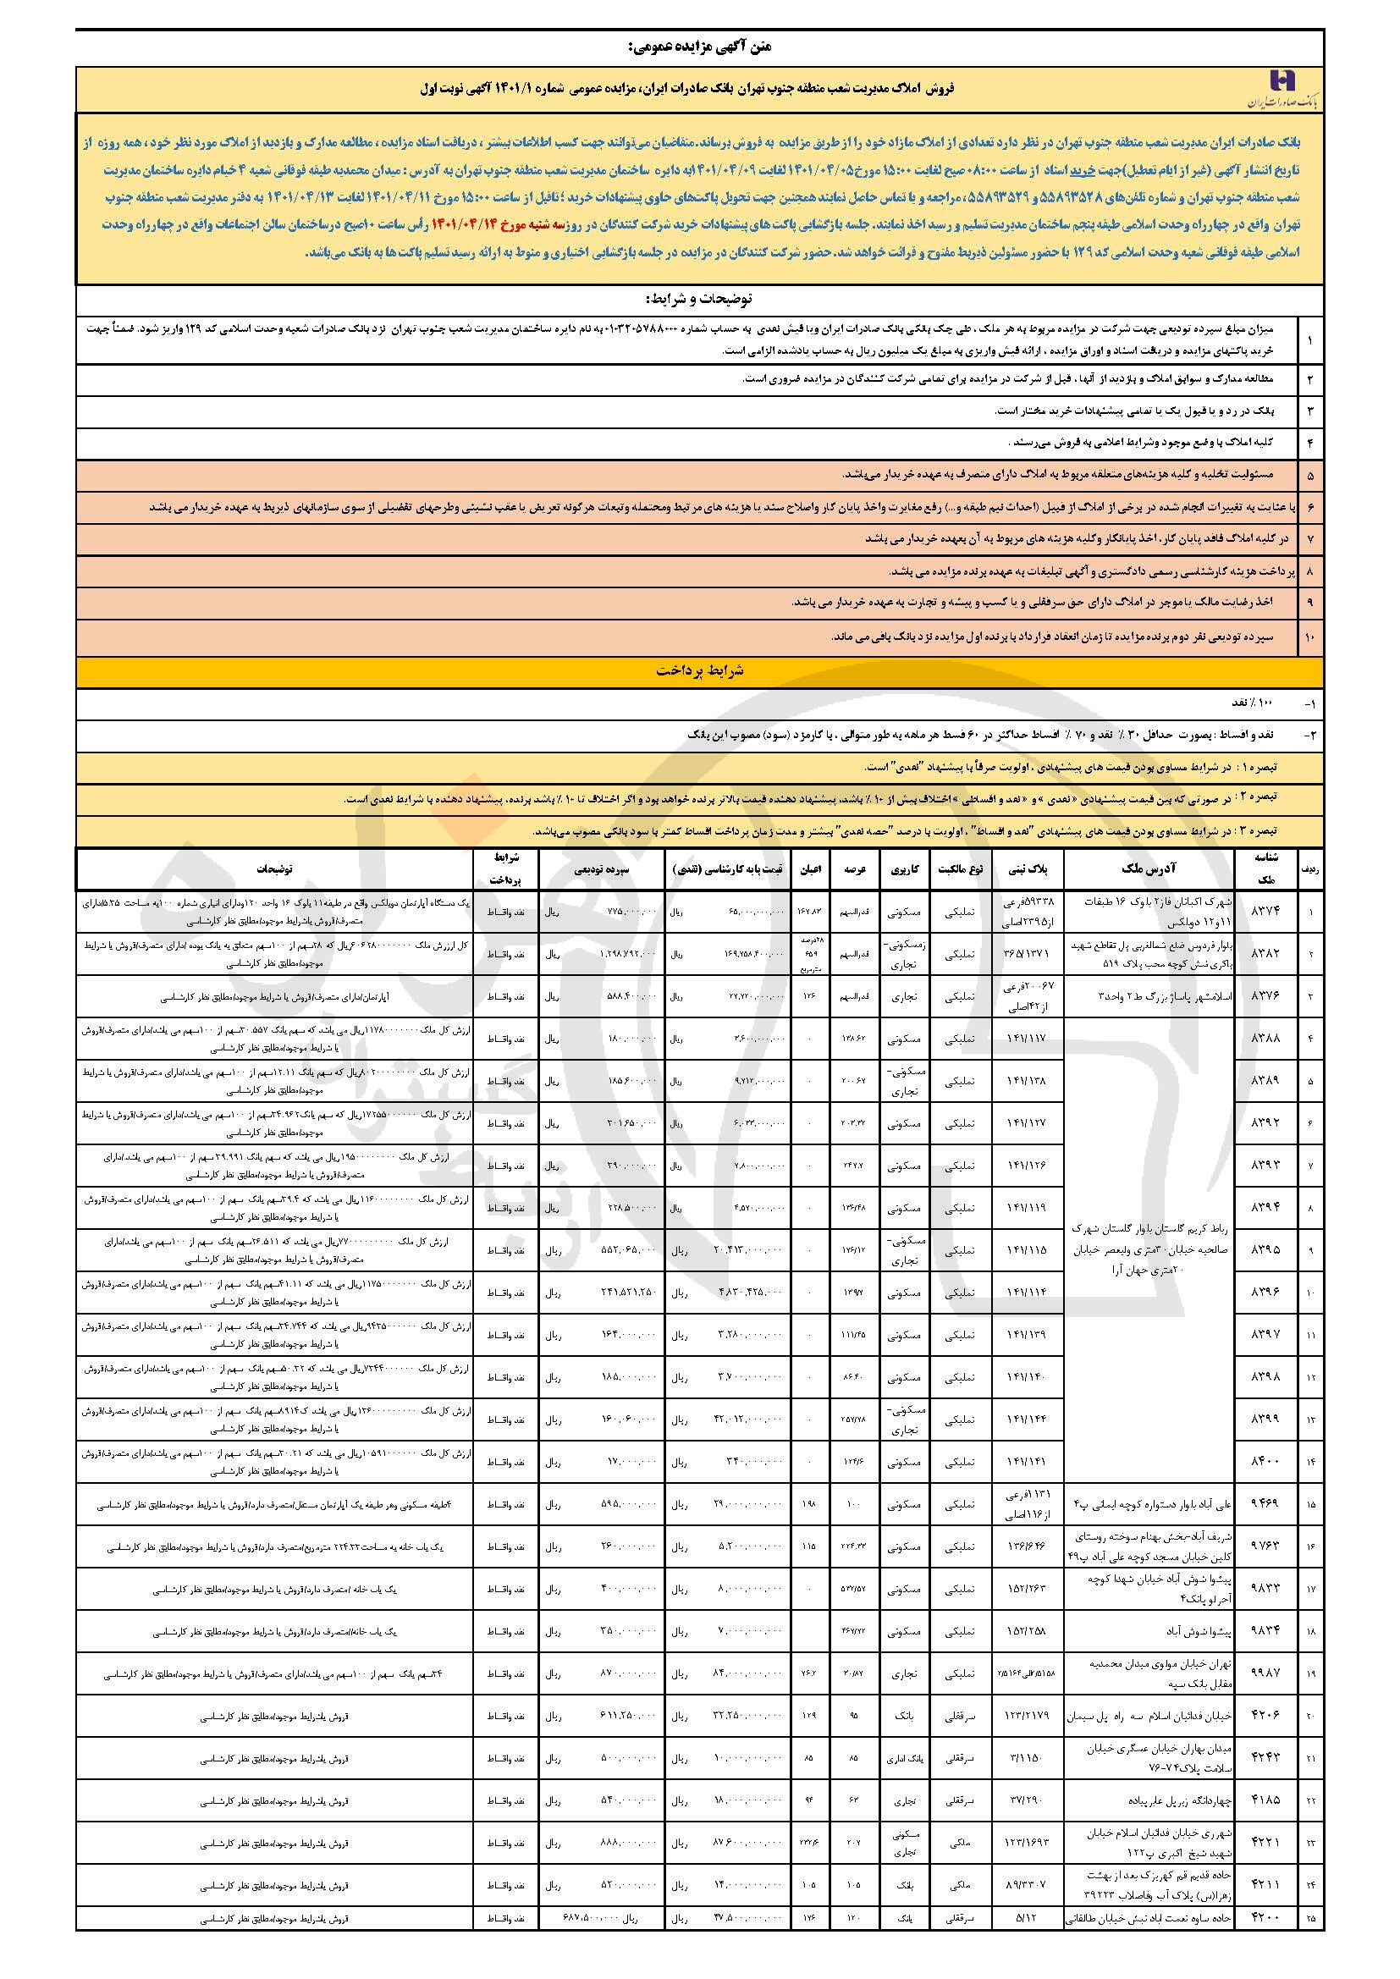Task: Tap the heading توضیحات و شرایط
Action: click(698, 299)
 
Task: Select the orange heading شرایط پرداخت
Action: click(699, 671)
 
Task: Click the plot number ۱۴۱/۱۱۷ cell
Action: click(1026, 1039)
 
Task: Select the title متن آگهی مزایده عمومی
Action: click(699, 47)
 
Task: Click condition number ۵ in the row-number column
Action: click(1309, 475)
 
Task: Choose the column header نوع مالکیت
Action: click(960, 868)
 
